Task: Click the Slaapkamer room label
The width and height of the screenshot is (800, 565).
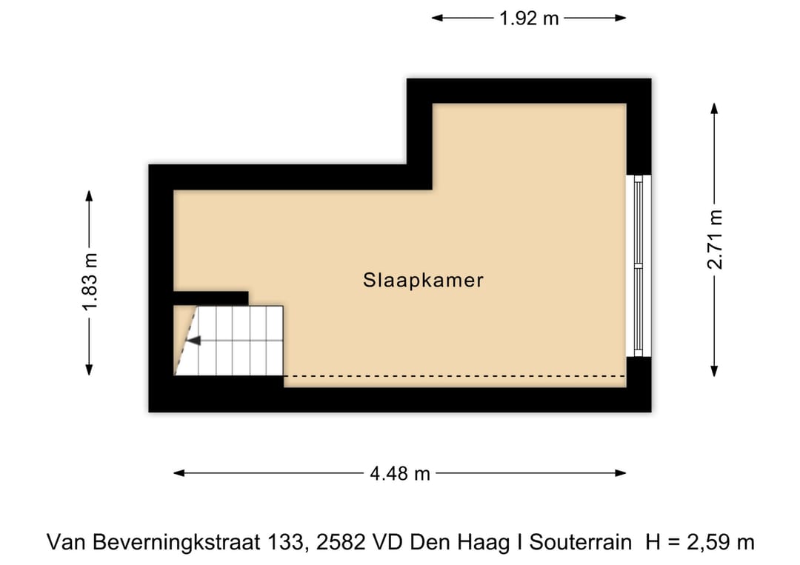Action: pos(423,281)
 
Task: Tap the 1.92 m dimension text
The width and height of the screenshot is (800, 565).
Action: pos(529,19)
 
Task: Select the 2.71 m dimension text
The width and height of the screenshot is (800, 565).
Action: pos(714,239)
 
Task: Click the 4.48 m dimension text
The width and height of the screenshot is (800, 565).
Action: pos(400,474)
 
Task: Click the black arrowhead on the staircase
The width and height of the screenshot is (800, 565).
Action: pos(193,341)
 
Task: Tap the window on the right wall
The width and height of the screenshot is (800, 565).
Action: pos(638,266)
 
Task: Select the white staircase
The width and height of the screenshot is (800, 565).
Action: pos(237,341)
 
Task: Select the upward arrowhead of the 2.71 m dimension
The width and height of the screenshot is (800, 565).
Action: pos(714,108)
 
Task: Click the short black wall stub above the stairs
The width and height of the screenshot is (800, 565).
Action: pos(210,298)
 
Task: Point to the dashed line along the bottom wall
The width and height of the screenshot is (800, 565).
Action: pos(453,376)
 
